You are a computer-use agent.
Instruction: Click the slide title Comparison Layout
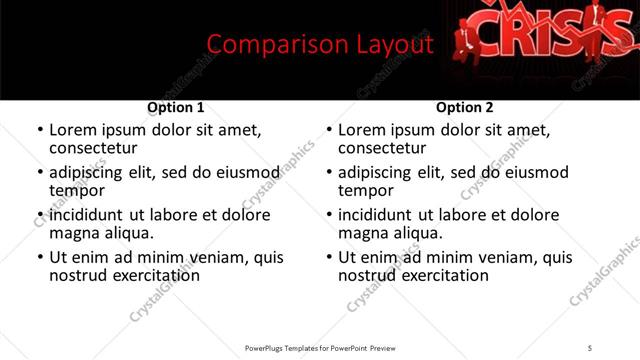(x=320, y=44)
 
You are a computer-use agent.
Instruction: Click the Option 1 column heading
(x=176, y=107)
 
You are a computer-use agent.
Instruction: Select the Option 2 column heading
(x=465, y=107)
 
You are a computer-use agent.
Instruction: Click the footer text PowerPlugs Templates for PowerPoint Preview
(x=320, y=347)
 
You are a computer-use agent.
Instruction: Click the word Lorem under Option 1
(x=73, y=130)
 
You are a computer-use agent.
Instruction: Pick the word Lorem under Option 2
(x=362, y=130)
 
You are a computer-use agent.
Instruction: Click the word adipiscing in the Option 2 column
(x=376, y=172)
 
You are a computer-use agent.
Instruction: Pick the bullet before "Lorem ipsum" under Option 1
(x=41, y=131)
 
